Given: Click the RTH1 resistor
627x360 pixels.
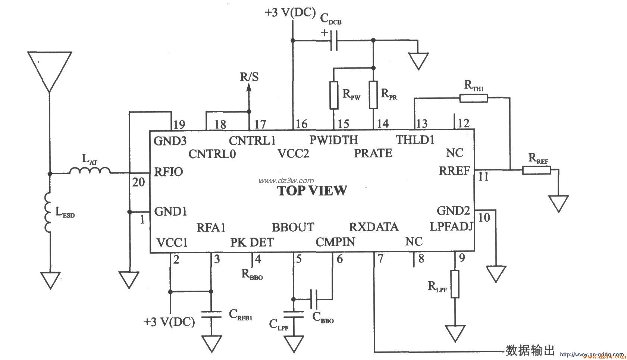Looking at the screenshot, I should click(473, 98).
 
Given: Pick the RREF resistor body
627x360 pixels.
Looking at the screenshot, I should click(536, 170).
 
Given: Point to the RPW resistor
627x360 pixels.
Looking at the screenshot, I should click(333, 95).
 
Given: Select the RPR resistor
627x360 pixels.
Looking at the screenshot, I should click(373, 95).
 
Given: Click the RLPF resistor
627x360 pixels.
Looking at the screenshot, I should click(455, 284).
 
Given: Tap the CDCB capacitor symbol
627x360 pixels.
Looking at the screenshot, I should click(334, 40).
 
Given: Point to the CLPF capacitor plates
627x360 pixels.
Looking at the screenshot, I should click(294, 313).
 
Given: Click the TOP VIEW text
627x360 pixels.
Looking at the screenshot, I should click(312, 191).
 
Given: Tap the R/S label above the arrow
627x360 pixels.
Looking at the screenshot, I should click(249, 77).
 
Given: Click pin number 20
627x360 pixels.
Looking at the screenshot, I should click(138, 182).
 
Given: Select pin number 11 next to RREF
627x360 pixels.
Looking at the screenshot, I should click(483, 176).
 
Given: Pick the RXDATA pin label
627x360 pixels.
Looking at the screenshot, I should click(373, 227).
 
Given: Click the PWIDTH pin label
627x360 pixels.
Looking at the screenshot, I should click(333, 140).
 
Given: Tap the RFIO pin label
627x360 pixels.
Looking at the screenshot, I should click(168, 172).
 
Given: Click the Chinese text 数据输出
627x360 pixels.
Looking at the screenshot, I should click(530, 351).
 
